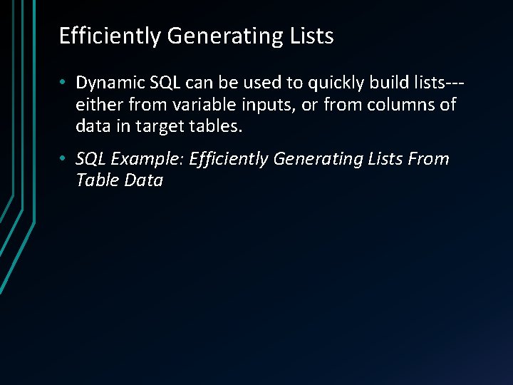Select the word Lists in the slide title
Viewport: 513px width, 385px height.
pos(311,36)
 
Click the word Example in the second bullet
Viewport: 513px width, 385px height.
pos(149,159)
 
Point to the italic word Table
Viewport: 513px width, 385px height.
pos(97,180)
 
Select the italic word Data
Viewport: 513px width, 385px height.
pos(143,180)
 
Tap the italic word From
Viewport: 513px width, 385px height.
pos(429,159)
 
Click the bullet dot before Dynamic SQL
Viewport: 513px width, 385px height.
pos(63,83)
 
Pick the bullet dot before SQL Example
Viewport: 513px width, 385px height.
pos(63,159)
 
